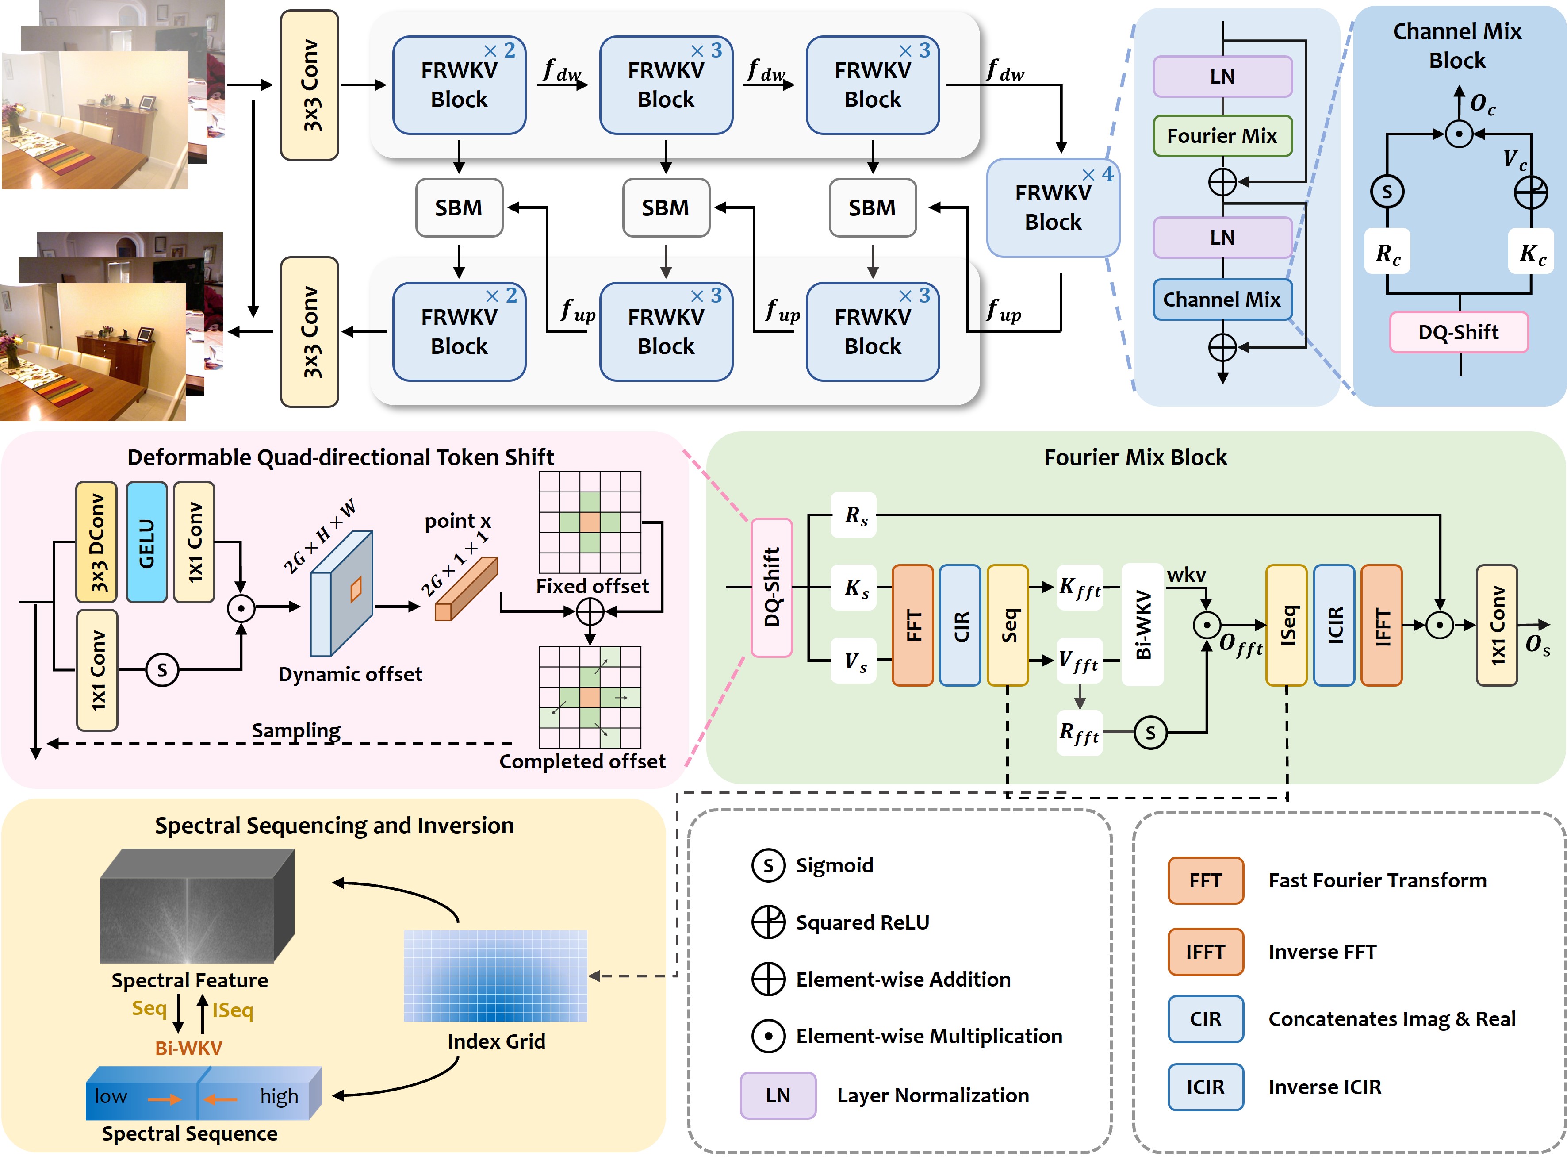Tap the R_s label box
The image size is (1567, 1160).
click(x=854, y=515)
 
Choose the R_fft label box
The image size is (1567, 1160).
click(x=1079, y=733)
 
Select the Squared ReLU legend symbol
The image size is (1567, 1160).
click(x=768, y=922)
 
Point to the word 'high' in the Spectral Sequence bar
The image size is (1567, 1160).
click(x=279, y=1096)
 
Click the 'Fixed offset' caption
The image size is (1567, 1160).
click(x=592, y=586)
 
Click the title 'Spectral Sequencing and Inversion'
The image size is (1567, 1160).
click(x=334, y=825)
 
